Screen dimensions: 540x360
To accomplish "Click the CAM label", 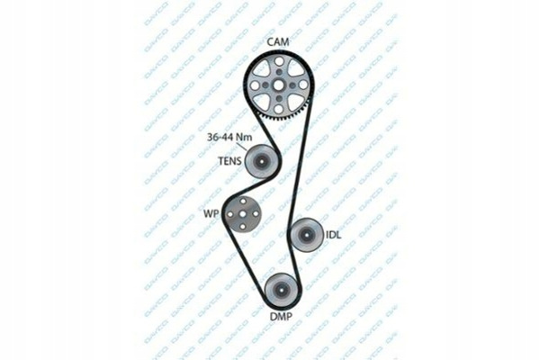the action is click(x=278, y=42).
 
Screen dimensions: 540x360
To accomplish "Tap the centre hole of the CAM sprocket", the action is click(x=279, y=85).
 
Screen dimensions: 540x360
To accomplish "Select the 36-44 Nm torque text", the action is click(x=229, y=137).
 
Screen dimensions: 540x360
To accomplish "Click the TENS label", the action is click(x=230, y=161).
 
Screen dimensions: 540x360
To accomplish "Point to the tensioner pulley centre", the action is click(x=261, y=162).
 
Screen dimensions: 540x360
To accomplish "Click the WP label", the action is click(x=211, y=214).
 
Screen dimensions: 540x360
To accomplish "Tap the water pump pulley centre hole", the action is click(x=243, y=214).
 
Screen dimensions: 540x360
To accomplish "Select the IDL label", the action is click(x=333, y=235).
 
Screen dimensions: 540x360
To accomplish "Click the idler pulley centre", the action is click(x=306, y=235).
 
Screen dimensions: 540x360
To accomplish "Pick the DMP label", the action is click(x=281, y=317).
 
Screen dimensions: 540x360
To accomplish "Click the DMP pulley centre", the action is click(x=282, y=290).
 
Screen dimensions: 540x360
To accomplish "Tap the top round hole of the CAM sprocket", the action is click(x=279, y=62).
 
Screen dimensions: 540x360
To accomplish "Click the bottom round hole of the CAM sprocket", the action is click(x=279, y=109).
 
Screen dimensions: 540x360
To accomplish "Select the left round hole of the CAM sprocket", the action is click(x=256, y=85).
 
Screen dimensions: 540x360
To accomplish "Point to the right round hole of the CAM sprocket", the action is click(x=302, y=85).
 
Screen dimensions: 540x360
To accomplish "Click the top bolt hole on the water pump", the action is click(x=243, y=202).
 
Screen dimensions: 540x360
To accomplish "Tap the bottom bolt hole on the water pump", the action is click(x=243, y=227).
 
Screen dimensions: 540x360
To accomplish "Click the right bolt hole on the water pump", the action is click(x=256, y=214).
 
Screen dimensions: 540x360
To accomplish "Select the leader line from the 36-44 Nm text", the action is click(x=242, y=147).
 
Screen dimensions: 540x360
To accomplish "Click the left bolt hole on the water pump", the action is click(x=230, y=214).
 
